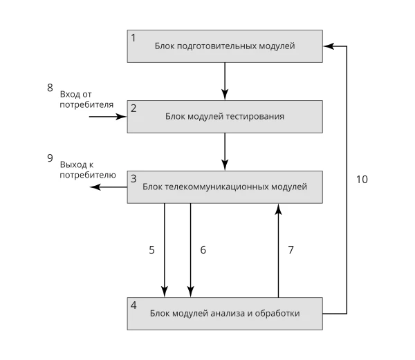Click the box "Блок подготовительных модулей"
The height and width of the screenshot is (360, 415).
point(225,46)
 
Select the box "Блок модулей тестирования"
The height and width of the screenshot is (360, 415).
point(225,117)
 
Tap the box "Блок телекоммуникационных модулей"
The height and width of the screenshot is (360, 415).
point(225,187)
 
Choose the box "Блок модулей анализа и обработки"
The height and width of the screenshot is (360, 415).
point(225,314)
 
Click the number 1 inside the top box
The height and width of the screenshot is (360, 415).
point(133,38)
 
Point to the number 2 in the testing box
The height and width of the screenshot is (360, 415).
point(133,108)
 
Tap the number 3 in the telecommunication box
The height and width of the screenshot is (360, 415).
point(133,179)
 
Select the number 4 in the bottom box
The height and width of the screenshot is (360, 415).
point(133,305)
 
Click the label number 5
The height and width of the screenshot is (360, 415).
point(151,249)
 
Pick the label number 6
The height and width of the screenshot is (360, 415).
point(203,249)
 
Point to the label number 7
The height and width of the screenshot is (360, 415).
point(291,249)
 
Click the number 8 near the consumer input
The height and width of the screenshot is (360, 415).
point(50,88)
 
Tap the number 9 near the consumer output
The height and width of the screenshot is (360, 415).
point(50,158)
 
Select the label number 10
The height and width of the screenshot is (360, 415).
point(362,180)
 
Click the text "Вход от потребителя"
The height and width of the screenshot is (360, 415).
point(86,100)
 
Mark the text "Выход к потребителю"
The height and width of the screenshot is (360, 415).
point(88,170)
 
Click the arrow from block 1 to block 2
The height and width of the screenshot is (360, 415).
point(225,81)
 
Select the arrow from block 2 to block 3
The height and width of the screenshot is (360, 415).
point(225,152)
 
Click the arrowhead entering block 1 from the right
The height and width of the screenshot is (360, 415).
point(329,46)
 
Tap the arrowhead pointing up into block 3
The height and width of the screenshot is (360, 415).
point(278,209)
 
